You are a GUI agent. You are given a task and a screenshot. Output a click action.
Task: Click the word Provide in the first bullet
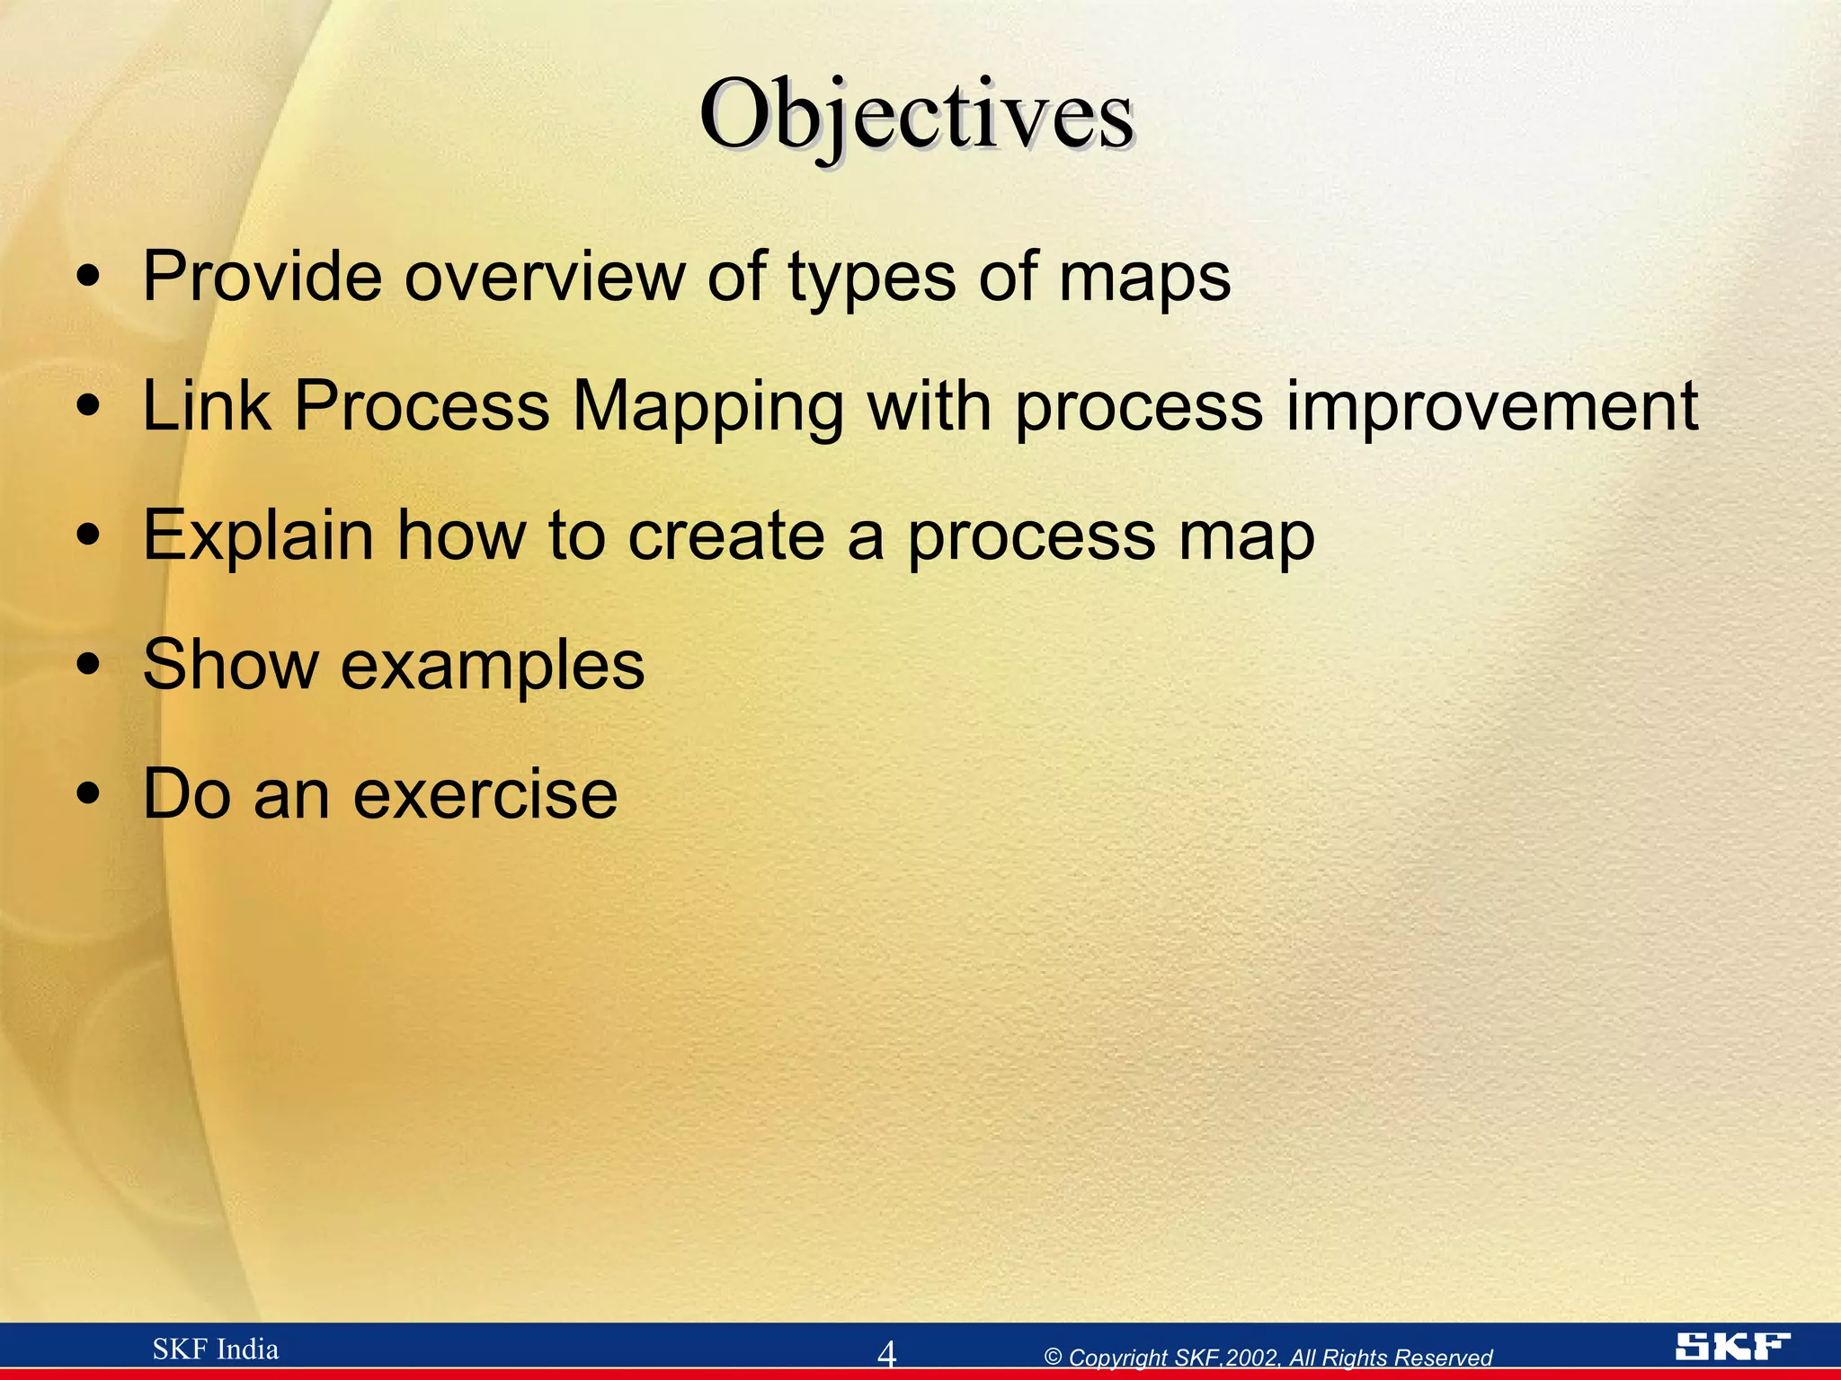tap(262, 276)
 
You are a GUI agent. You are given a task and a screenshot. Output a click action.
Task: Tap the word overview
tap(545, 276)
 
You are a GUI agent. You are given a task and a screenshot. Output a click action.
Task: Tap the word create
tap(726, 536)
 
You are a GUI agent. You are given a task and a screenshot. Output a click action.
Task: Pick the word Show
tap(230, 665)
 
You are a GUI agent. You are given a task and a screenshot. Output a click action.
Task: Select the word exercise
tap(485, 795)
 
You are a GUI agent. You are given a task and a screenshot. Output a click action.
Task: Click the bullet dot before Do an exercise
tap(88, 795)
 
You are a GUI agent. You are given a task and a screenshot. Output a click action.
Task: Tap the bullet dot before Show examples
tap(88, 666)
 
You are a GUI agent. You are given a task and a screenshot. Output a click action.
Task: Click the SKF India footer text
tap(216, 1349)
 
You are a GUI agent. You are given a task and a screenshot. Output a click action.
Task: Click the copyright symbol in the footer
tap(1054, 1358)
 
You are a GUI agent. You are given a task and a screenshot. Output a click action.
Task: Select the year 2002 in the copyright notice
tap(1251, 1358)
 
